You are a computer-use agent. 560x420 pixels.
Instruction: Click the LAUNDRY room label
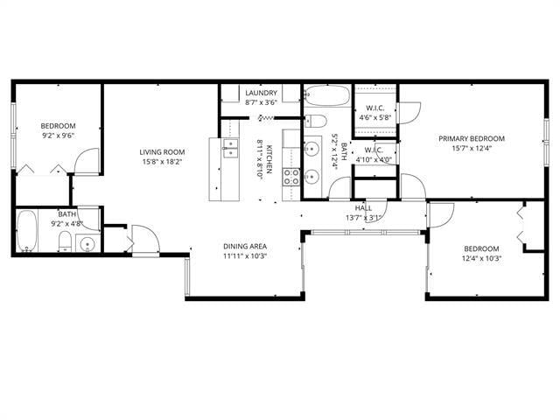tap(262, 93)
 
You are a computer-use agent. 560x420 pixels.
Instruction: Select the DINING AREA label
tap(244, 246)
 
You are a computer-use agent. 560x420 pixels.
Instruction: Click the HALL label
tap(364, 207)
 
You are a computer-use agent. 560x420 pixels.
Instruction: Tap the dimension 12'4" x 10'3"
tap(480, 258)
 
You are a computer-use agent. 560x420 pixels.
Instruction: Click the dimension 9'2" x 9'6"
tap(59, 136)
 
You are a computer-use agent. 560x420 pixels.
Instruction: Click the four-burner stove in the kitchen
tap(291, 178)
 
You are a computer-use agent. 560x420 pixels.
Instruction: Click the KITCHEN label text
tap(270, 158)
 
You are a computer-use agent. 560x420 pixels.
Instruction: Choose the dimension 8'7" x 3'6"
tap(262, 102)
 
